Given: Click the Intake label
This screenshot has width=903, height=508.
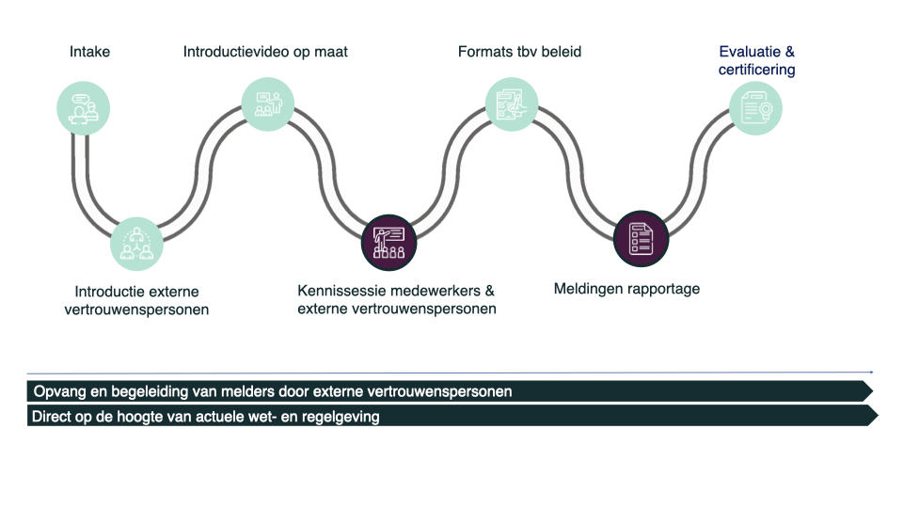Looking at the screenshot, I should pyautogui.click(x=89, y=52).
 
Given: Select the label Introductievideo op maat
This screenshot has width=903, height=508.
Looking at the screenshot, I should pyautogui.click(x=265, y=52).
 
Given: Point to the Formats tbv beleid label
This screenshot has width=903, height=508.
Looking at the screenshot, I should pyautogui.click(x=519, y=52).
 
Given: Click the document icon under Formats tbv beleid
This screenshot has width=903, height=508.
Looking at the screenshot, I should pyautogui.click(x=512, y=104).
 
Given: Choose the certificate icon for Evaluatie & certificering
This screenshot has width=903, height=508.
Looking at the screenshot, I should pyautogui.click(x=755, y=108).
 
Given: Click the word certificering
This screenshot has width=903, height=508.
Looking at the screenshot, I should pyautogui.click(x=756, y=70).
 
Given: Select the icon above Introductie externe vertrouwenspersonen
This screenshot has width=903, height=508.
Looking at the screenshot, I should pyautogui.click(x=136, y=244).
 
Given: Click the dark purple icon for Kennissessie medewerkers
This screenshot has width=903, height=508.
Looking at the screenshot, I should pyautogui.click(x=388, y=242).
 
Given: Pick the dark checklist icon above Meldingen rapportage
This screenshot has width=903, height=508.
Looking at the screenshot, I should pyautogui.click(x=640, y=238).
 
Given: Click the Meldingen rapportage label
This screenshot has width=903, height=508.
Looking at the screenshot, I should pyautogui.click(x=626, y=289).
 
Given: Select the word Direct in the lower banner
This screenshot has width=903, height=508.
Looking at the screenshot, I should pyautogui.click(x=53, y=417).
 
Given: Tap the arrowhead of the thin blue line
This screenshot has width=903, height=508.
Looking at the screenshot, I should pyautogui.click(x=872, y=373).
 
